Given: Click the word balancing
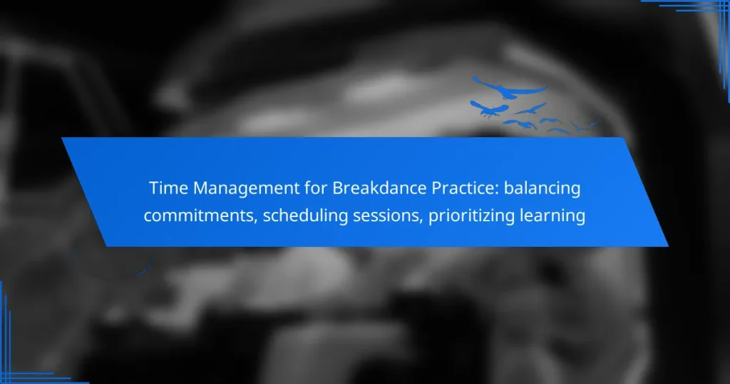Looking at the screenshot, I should [543, 189].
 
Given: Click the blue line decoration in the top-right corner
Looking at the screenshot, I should [688, 6].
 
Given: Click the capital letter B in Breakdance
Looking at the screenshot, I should [336, 189].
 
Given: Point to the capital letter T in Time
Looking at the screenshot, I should [153, 189].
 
